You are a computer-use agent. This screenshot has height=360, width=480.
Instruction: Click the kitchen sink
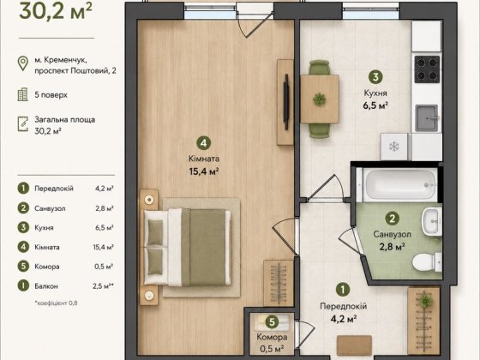pyautogui.click(x=427, y=118)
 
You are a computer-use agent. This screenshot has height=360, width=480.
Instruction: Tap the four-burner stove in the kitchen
pyautogui.click(x=427, y=69)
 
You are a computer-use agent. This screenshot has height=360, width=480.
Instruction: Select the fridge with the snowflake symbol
pyautogui.click(x=394, y=147)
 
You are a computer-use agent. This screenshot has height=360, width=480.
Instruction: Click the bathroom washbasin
pyautogui.click(x=432, y=221)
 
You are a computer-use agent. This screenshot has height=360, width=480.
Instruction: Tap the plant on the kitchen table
pyautogui.click(x=319, y=99)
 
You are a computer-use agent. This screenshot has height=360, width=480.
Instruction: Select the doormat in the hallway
pyautogui.click(x=354, y=345)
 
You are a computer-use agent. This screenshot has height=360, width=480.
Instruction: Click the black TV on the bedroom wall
pyautogui.click(x=286, y=102)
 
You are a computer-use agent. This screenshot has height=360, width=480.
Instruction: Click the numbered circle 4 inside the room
pyautogui.click(x=204, y=143)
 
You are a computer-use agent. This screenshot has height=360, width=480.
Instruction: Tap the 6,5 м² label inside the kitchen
pyautogui.click(x=375, y=106)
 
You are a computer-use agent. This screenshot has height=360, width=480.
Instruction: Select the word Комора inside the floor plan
pyautogui.click(x=272, y=338)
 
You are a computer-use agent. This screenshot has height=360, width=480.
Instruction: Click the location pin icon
pyautogui.click(x=23, y=63)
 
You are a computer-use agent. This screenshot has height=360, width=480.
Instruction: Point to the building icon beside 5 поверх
pyautogui.click(x=22, y=94)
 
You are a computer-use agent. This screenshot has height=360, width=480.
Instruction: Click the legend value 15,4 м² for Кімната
pyautogui.click(x=103, y=247)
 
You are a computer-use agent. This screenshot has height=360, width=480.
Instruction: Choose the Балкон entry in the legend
pyautogui.click(x=46, y=286)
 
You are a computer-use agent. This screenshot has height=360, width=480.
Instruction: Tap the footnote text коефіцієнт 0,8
pyautogui.click(x=57, y=303)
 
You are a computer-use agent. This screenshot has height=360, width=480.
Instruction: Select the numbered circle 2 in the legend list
pyautogui.click(x=23, y=208)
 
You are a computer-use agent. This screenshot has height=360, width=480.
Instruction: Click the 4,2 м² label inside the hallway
pyautogui.click(x=343, y=319)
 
